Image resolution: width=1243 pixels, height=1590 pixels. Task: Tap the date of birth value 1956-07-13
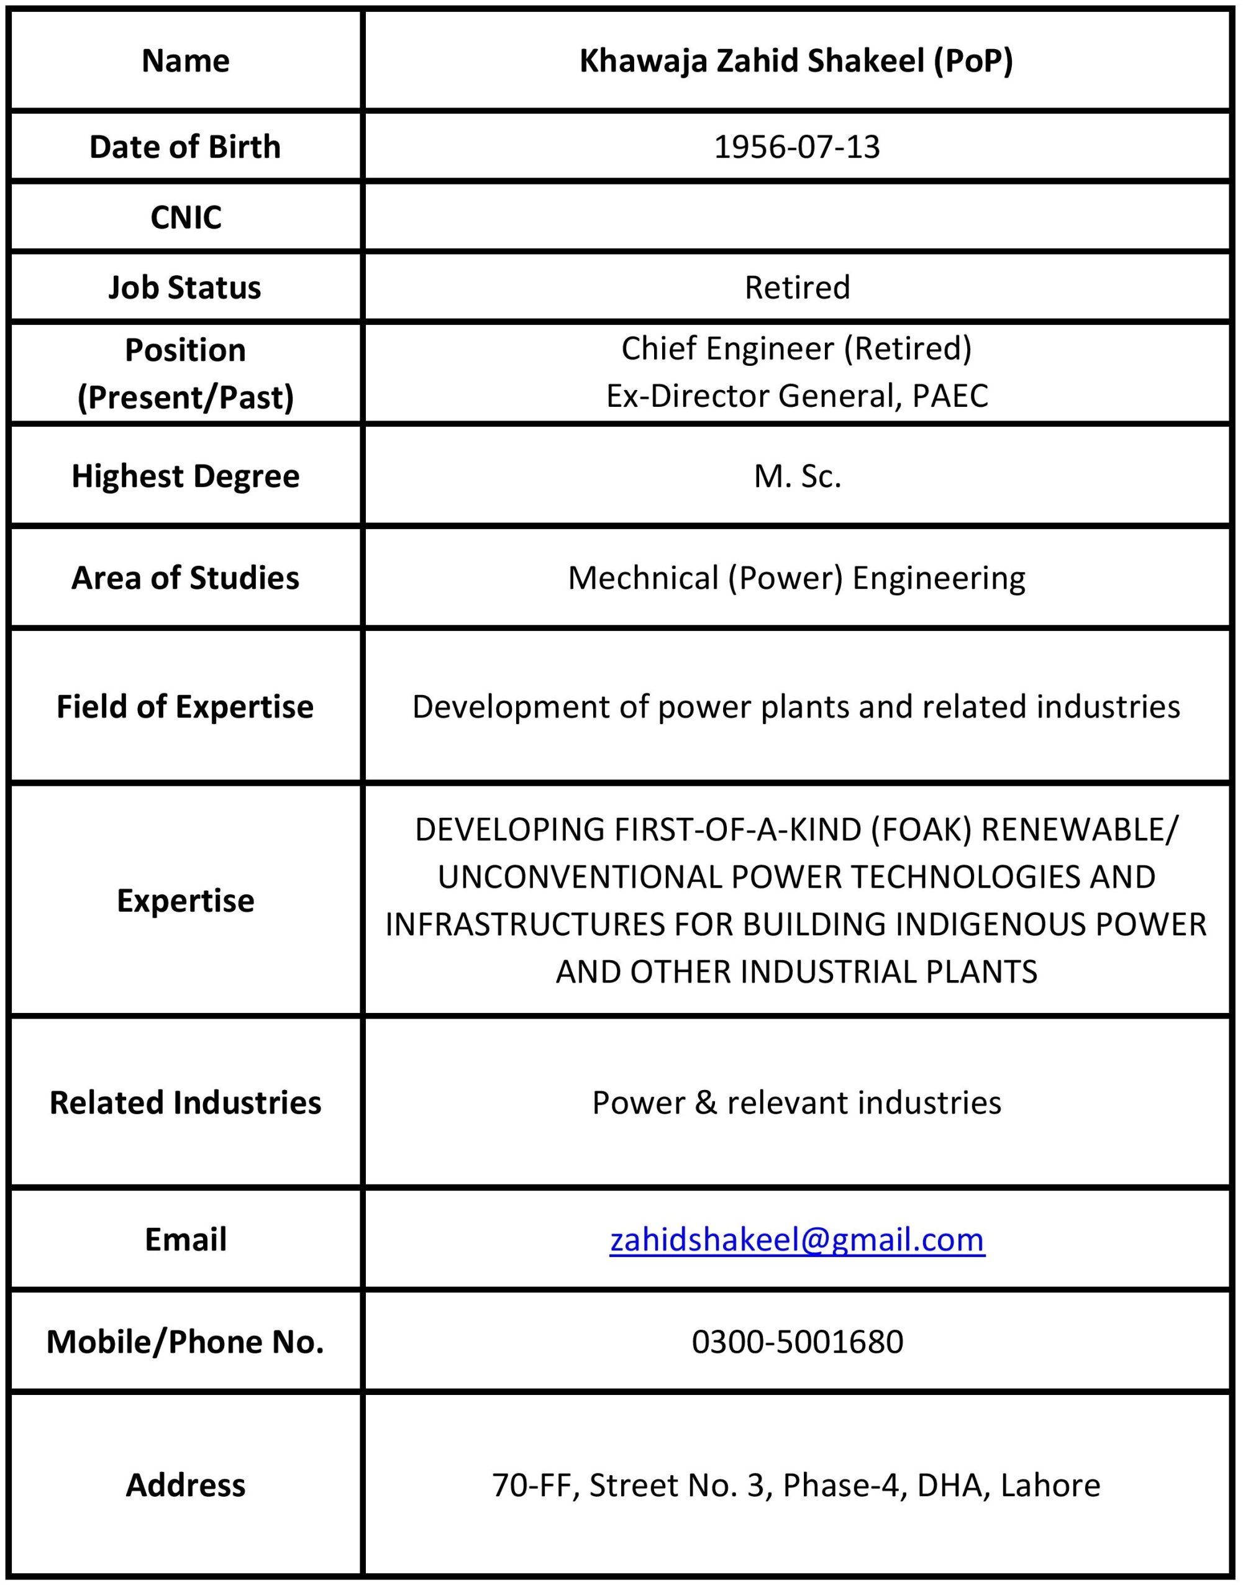point(796,147)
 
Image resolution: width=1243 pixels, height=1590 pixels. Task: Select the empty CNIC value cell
point(796,217)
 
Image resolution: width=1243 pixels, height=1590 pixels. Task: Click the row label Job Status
point(185,288)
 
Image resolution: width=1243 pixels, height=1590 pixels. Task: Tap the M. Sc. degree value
point(796,476)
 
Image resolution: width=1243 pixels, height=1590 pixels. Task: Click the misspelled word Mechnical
point(643,578)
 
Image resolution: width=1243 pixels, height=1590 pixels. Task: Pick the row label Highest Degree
point(185,476)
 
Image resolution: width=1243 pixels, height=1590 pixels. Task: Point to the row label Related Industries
point(185,1102)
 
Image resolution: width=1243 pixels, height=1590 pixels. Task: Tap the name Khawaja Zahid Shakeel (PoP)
point(796,60)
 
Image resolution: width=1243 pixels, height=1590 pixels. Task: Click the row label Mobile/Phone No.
point(185,1342)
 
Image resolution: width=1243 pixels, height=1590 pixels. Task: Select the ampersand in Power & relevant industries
point(706,1103)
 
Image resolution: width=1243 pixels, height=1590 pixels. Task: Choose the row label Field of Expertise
point(185,707)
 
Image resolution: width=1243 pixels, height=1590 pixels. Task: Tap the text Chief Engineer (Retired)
point(796,348)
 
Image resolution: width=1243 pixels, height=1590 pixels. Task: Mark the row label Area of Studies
point(185,578)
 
